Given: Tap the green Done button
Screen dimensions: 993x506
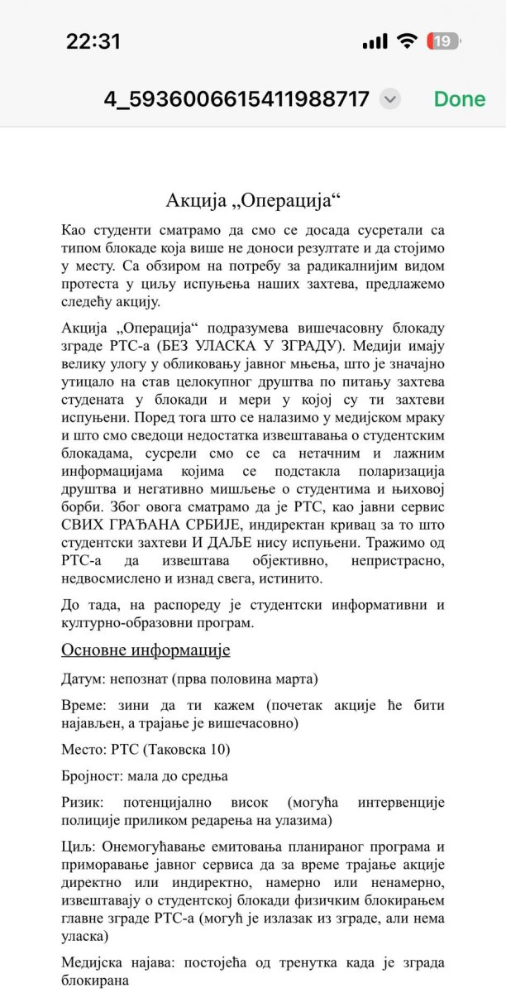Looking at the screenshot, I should click(x=460, y=99).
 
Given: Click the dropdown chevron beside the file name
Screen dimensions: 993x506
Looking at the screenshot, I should click(x=390, y=99).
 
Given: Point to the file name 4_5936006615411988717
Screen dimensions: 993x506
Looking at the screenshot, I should click(x=236, y=99).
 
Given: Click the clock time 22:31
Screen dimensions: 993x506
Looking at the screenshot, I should click(x=93, y=41).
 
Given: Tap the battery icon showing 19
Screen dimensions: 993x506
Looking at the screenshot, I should click(x=443, y=41).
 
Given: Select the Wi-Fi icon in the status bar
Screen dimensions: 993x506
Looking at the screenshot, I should click(x=406, y=41).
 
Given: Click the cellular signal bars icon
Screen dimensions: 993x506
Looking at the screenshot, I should click(x=375, y=41).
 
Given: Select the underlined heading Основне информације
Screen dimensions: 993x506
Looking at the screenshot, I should click(x=146, y=650).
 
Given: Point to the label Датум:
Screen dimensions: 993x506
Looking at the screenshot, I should click(x=83, y=679).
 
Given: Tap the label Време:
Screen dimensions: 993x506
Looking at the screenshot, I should click(x=85, y=706).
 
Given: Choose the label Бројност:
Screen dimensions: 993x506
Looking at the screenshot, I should click(x=93, y=777).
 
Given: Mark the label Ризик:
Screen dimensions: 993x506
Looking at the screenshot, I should click(x=83, y=804).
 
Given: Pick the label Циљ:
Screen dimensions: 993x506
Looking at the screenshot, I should click(x=78, y=848).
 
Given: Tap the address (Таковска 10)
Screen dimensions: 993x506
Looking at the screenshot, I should click(x=185, y=750).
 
